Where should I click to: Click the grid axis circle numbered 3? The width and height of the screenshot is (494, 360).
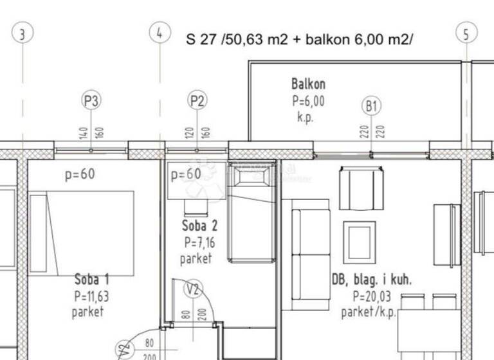23,33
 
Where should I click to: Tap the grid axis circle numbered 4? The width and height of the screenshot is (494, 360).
160,33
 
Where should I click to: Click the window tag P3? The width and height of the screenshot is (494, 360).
91,101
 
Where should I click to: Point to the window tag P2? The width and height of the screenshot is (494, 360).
197,101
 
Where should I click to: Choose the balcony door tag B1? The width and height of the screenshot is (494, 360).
371,107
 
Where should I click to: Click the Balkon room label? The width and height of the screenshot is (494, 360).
308,84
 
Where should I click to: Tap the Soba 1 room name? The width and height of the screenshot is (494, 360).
92,280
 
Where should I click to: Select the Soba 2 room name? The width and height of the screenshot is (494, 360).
199,226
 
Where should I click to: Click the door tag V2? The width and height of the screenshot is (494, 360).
193,289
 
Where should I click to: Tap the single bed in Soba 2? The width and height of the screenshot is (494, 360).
251,212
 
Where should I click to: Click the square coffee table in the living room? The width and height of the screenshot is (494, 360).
359,242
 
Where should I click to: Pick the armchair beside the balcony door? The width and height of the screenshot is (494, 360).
361,188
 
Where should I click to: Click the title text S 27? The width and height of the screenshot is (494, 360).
201,39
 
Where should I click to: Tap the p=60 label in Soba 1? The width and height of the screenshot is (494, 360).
79,175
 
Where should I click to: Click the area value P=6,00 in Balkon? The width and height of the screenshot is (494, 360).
309,101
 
